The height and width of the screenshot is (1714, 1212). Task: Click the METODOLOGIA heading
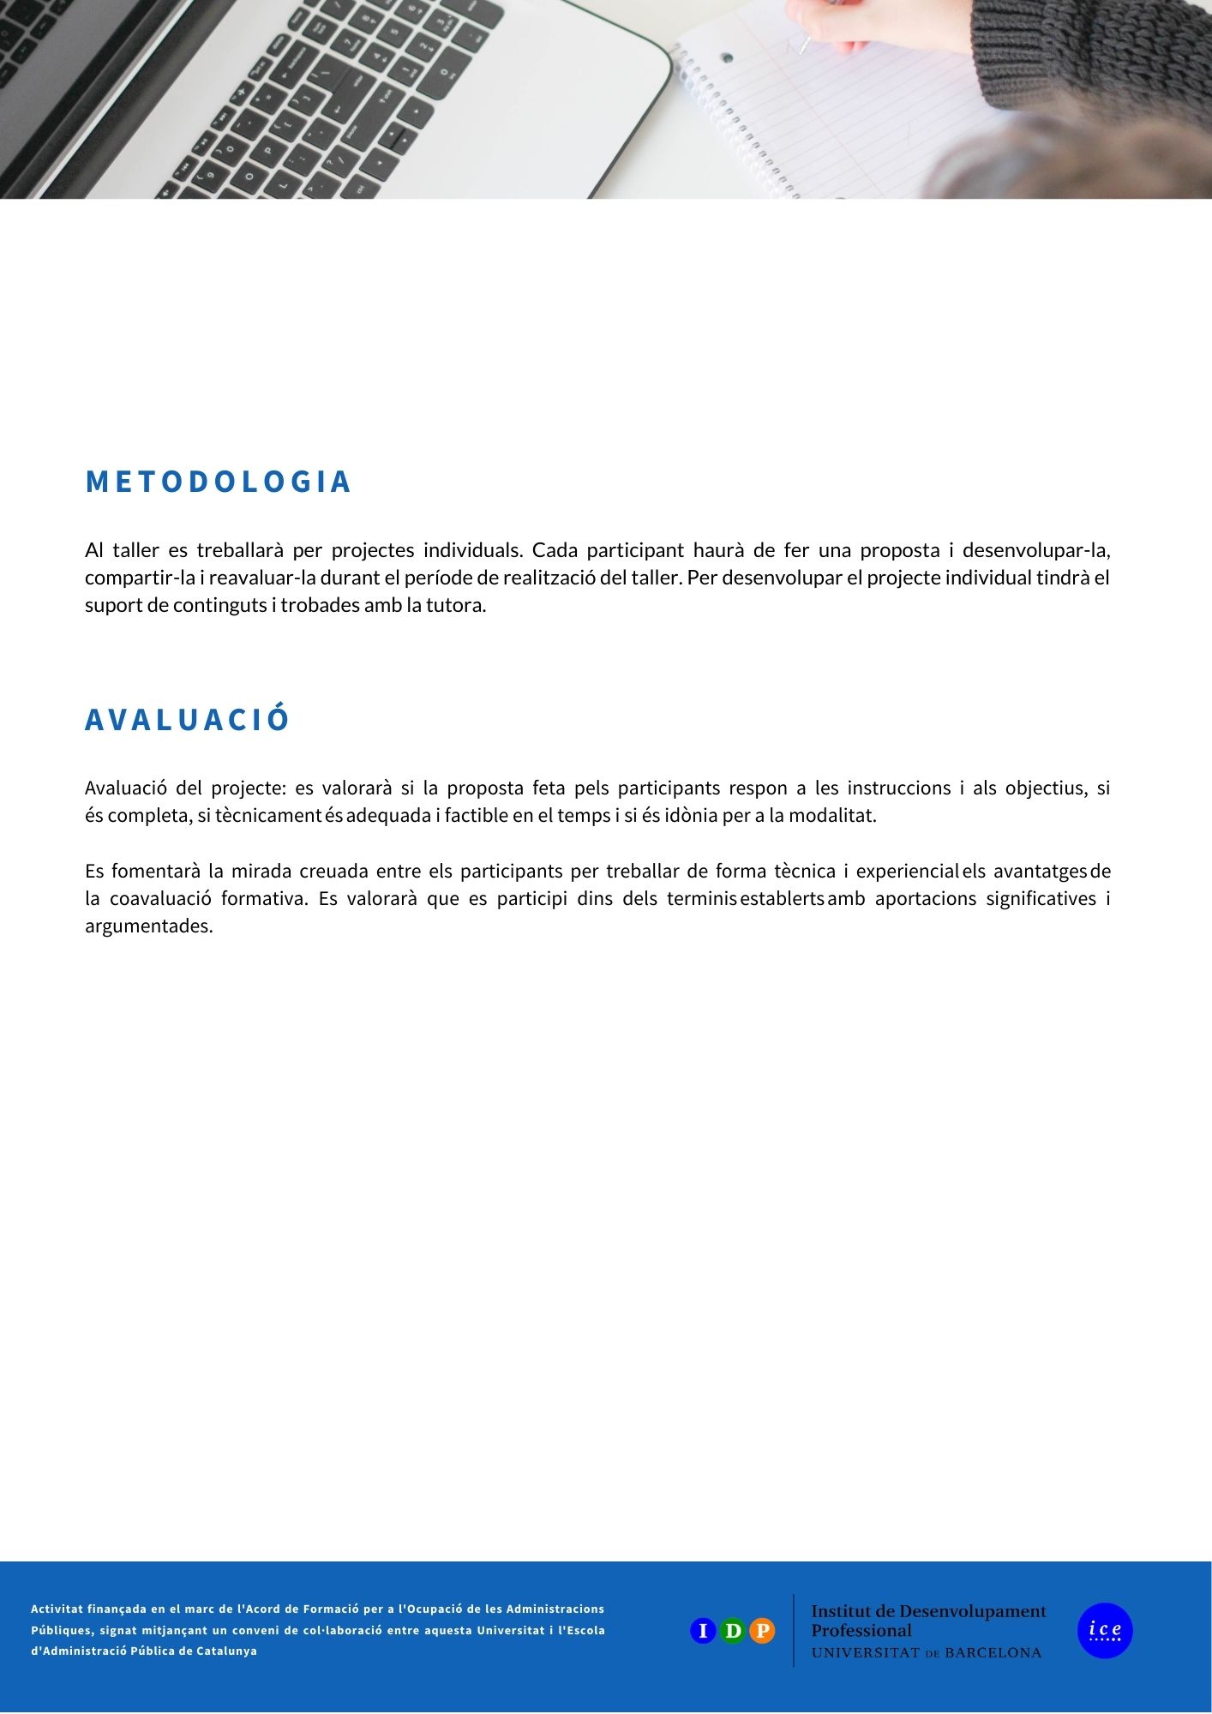[219, 482]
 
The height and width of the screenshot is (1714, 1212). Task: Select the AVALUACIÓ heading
[187, 719]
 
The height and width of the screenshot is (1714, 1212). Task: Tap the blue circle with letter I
[703, 1630]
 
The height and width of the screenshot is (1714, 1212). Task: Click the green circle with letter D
[733, 1630]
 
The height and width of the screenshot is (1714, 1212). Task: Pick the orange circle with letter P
[762, 1630]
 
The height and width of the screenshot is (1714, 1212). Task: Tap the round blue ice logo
[1105, 1630]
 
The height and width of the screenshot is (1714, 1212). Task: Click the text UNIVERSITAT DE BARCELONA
[926, 1653]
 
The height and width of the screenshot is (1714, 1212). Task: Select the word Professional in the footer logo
[861, 1631]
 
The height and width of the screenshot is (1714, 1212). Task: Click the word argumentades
[148, 926]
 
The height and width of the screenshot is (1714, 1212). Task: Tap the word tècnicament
[267, 815]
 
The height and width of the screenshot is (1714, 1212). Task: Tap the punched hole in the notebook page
[727, 58]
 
